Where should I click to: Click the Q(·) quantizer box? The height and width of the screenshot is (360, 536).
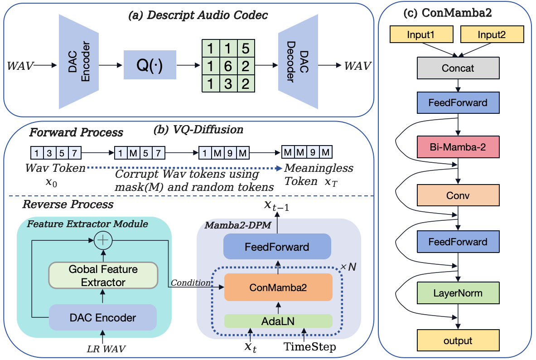coord(150,65)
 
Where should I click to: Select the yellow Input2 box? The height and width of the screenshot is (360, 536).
coord(492,34)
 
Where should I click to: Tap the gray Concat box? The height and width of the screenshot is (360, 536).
coord(458,68)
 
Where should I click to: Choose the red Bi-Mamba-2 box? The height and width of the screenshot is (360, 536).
coord(458,148)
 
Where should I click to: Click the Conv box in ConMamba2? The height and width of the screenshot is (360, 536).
coord(458,196)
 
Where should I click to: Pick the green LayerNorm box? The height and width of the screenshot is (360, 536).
coord(458,293)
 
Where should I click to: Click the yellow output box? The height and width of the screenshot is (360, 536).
coord(458,341)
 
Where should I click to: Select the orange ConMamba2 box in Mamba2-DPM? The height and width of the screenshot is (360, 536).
coord(279,287)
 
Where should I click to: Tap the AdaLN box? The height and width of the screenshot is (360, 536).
coord(279,321)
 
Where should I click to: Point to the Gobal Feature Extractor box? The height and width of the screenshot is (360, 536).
coord(103,276)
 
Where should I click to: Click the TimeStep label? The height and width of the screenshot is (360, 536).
coord(310,348)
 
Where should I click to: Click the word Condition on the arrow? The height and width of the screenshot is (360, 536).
coord(191,283)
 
